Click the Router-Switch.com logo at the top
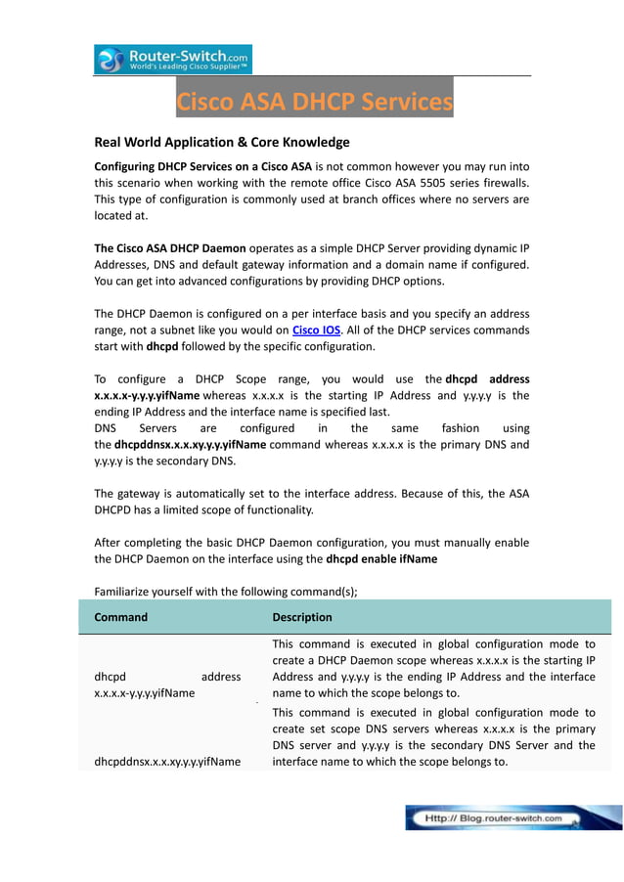tap(173, 60)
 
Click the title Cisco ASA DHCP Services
tap(314, 102)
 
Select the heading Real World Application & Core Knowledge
tap(221, 142)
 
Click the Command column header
tap(121, 617)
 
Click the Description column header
tap(301, 617)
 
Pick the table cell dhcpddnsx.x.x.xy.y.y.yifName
tap(167, 762)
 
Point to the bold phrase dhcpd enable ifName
tap(381, 559)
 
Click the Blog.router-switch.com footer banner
tap(513, 817)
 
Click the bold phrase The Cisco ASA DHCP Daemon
tap(170, 247)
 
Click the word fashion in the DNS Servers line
tap(460, 428)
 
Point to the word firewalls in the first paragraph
tap(503, 183)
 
